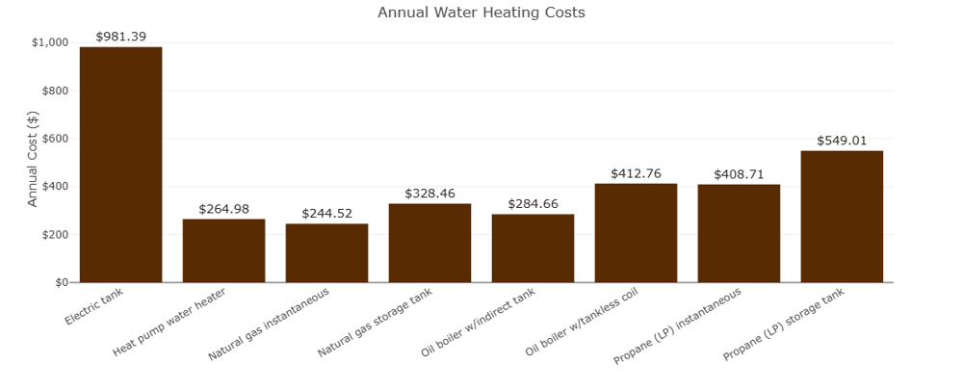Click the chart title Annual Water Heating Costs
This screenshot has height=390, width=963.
tap(481, 13)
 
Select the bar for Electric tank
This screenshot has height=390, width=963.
tap(120, 165)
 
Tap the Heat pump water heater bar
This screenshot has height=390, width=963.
tap(223, 250)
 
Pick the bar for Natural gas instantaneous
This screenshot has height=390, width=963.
tap(326, 253)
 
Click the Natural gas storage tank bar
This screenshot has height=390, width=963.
tap(429, 243)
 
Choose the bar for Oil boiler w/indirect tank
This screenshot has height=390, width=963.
tap(533, 248)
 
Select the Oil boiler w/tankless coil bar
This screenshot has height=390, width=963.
tap(636, 233)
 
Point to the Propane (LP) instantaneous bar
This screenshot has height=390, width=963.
tap(739, 233)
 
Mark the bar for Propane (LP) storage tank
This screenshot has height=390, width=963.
tap(842, 217)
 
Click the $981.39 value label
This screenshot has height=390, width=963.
tap(120, 36)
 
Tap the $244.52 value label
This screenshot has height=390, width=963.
tap(326, 213)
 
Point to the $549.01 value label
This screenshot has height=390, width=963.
tap(842, 140)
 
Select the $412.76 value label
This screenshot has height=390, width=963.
tap(636, 173)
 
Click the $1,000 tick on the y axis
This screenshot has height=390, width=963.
tap(50, 42)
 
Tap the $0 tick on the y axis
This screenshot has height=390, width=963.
tap(61, 283)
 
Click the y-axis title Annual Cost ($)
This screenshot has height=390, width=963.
tap(33, 158)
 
